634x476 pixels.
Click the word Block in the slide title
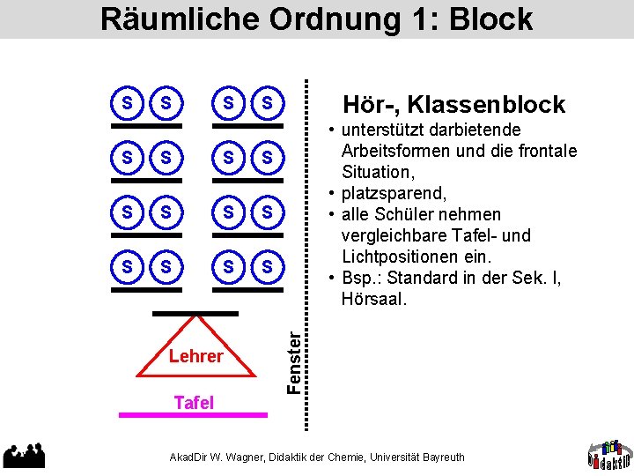tap(490, 19)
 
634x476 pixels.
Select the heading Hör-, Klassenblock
tap(454, 105)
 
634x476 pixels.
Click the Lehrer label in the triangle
tap(195, 356)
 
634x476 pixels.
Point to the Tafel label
tap(194, 403)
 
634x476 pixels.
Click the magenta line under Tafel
tap(193, 414)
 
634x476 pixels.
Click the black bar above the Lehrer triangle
tap(195, 313)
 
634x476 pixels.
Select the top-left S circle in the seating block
tap(129, 104)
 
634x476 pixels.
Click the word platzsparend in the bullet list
tap(389, 193)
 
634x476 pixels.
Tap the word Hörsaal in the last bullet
tap(373, 299)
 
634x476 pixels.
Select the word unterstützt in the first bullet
tap(384, 130)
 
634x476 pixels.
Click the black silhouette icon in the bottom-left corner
tap(24, 454)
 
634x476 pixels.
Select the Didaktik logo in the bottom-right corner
tap(609, 451)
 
